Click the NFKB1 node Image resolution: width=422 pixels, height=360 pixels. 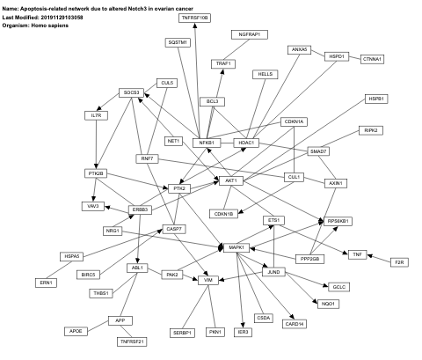205,142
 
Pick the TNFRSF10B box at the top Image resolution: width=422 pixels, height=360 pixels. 194,18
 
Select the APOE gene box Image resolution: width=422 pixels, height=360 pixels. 76,331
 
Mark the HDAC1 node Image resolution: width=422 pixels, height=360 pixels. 246,143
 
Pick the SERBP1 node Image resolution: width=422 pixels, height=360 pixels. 182,332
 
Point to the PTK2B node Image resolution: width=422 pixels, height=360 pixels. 96,173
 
